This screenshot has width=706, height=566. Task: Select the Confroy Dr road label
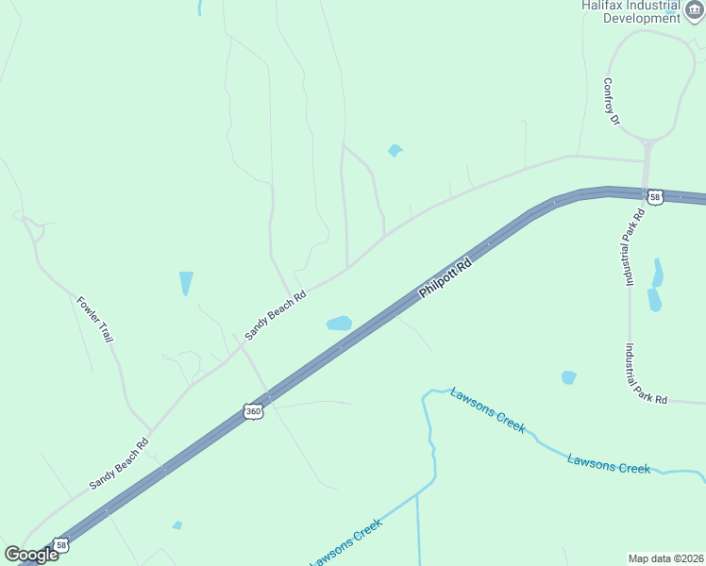coord(612,101)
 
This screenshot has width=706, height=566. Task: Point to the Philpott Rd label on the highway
coord(445,279)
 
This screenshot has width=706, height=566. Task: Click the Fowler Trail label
coord(94,319)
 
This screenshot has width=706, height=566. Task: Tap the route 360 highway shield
coord(252,411)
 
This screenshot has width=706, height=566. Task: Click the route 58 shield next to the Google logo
coord(60,545)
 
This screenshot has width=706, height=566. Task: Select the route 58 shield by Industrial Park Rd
coord(655,197)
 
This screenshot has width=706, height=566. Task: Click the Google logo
coord(30,554)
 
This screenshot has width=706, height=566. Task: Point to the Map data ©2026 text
coord(665,558)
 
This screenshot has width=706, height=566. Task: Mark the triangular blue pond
coord(186,282)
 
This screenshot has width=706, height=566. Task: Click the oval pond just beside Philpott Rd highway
coord(339,324)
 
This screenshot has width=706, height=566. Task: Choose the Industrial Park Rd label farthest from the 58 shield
coord(645,374)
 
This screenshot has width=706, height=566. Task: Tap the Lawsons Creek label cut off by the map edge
coord(345,543)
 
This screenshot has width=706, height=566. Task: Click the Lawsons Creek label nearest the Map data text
coord(609,463)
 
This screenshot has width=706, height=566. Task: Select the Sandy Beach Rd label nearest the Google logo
coord(119,463)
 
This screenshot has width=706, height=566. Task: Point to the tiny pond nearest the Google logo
coord(177,525)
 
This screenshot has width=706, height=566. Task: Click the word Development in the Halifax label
coord(642,17)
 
